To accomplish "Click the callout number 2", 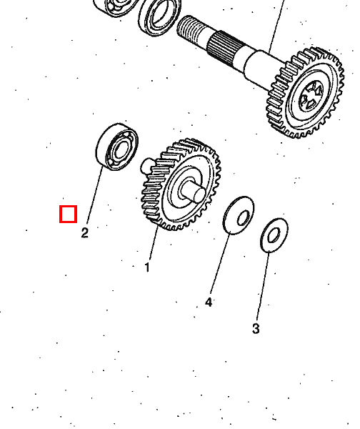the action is (85, 233).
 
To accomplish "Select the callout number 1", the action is (147, 267).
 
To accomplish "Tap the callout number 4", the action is (209, 302).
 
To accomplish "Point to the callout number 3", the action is (256, 328).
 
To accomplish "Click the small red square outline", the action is (69, 214).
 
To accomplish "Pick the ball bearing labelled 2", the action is (117, 147).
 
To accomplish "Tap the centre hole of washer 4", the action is (243, 218).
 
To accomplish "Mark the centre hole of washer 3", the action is (274, 235).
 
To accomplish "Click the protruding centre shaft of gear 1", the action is (195, 192).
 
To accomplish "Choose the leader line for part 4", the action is (220, 264).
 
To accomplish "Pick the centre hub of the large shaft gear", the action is (311, 97).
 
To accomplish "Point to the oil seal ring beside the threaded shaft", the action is (159, 17).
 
